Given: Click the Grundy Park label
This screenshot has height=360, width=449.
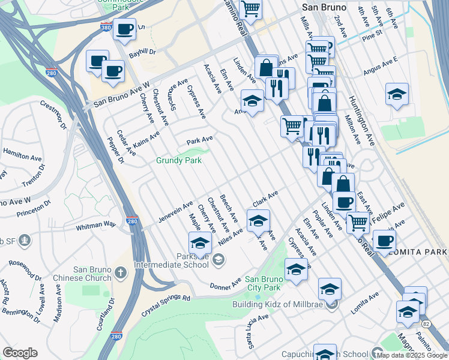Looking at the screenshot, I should (179, 161).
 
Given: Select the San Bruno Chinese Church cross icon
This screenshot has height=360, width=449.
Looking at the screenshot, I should (121, 273).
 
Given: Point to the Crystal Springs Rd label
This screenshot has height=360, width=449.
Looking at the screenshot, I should (166, 305).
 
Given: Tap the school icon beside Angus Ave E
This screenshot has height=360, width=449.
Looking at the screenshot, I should (397, 95).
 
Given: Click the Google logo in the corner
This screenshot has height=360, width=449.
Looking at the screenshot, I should (20, 353).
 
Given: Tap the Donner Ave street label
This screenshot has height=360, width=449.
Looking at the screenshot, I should (225, 283).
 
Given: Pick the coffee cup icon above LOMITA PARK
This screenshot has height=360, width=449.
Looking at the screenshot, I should (384, 241).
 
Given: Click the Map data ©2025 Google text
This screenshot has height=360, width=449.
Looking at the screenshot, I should (411, 355).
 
